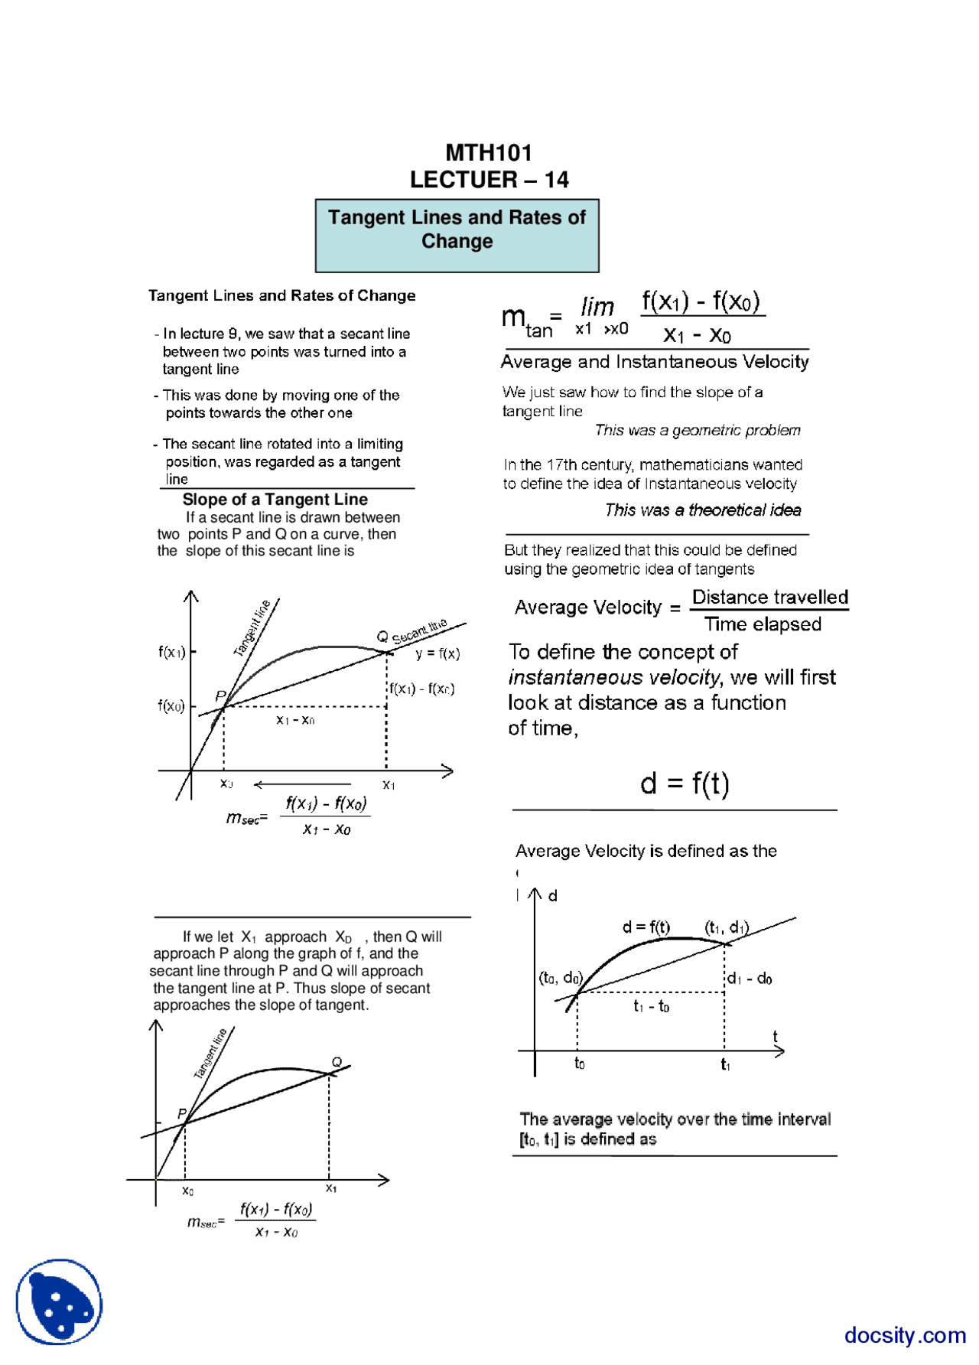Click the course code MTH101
(489, 152)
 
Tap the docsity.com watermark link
(905, 1335)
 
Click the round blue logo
(59, 1301)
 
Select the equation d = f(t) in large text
(685, 783)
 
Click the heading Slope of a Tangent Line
(275, 500)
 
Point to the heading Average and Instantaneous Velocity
(655, 362)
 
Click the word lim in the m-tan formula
(597, 307)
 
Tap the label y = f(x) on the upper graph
(437, 653)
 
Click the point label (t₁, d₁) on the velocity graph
(726, 927)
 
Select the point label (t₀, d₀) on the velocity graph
(561, 978)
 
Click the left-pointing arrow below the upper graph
(301, 784)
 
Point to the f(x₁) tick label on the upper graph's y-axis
(171, 652)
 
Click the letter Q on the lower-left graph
(337, 1062)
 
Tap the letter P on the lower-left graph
(182, 1113)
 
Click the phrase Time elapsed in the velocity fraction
(763, 624)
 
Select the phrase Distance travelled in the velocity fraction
(769, 597)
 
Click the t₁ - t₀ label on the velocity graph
(651, 1006)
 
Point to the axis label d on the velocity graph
(553, 895)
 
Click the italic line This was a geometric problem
(698, 430)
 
